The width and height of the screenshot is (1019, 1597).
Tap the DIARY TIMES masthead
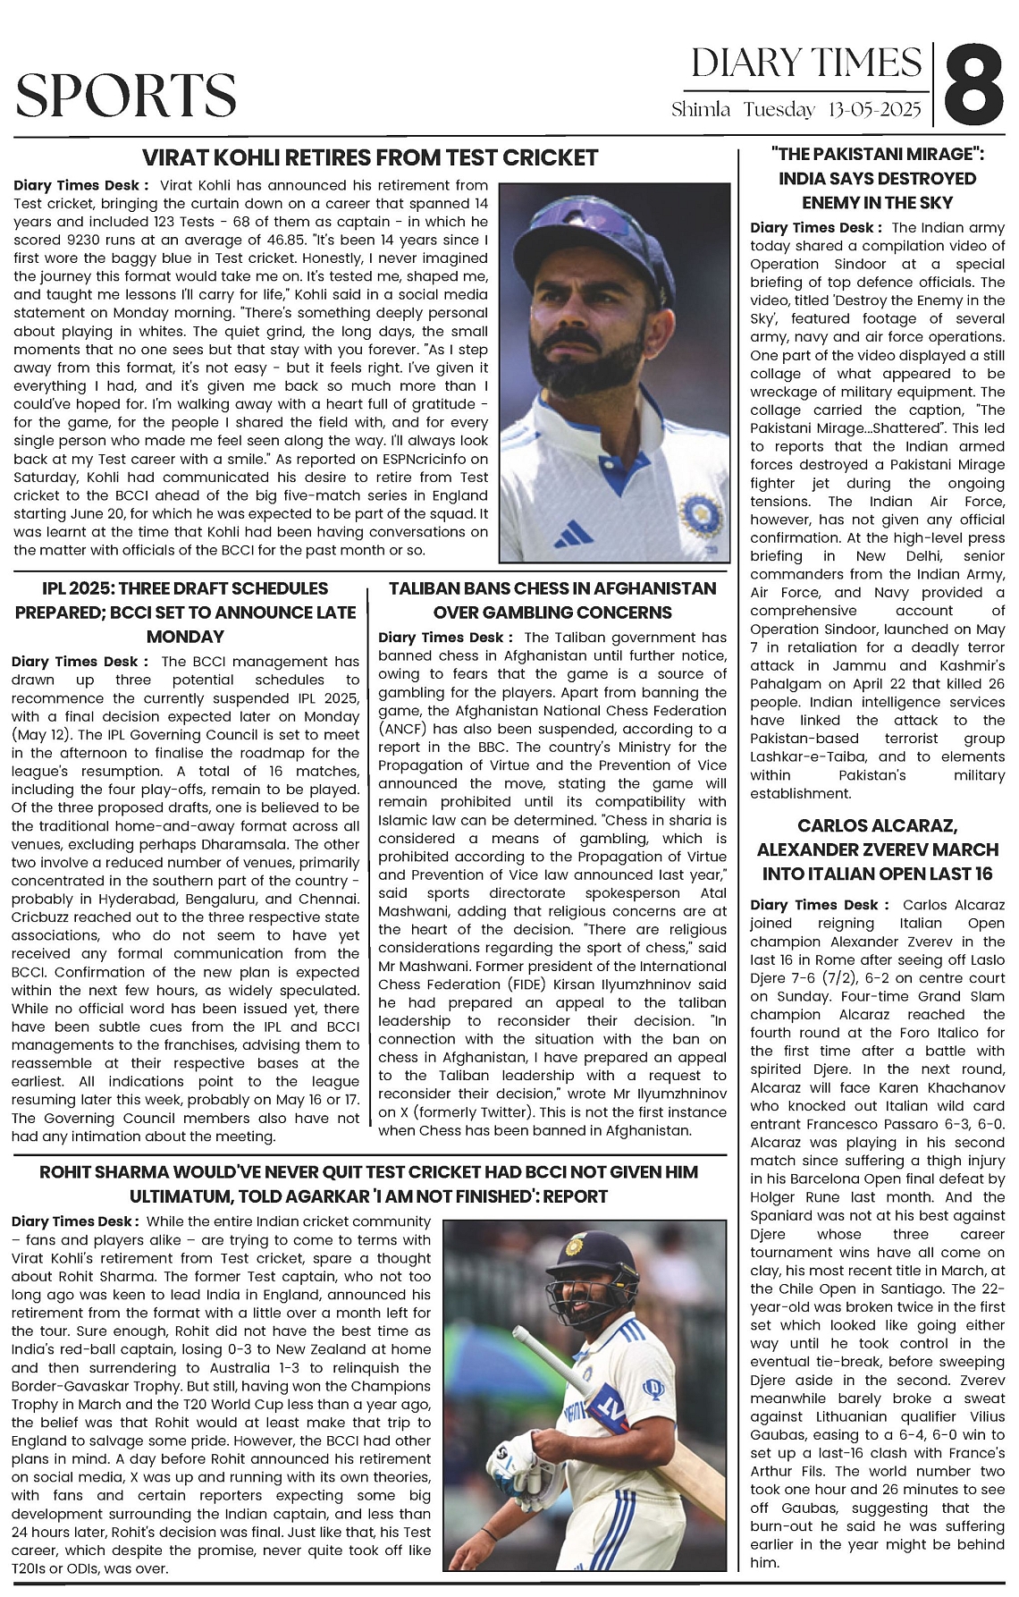(x=806, y=63)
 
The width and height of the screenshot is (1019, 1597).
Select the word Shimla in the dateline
(x=701, y=111)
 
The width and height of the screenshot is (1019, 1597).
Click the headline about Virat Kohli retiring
(x=370, y=158)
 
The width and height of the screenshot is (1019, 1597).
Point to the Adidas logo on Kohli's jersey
(x=572, y=536)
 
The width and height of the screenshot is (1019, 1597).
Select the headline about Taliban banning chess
(x=552, y=600)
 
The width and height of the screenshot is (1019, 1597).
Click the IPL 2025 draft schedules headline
(x=186, y=613)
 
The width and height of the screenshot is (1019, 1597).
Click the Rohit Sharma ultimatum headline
(x=368, y=1184)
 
